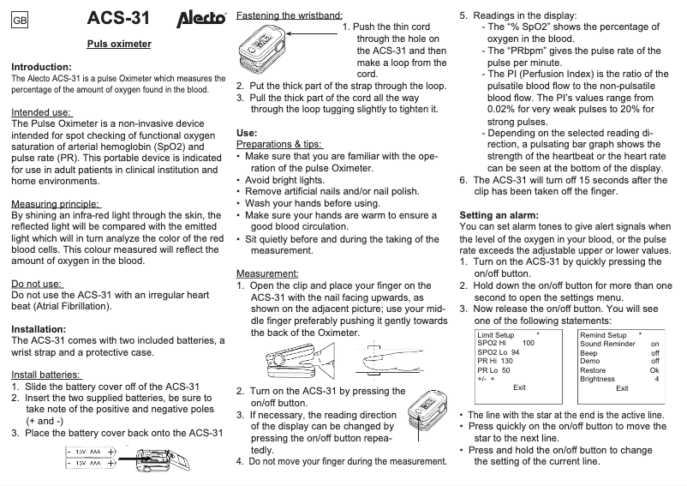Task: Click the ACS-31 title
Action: coord(120,18)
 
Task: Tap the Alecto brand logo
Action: coord(200,18)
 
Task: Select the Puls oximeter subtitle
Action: coord(119,43)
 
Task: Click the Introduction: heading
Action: coord(41,67)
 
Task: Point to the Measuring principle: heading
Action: coord(56,204)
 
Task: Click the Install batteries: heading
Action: coord(46,375)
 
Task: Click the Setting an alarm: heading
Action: coord(500,213)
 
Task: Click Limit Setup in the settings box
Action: coord(495,334)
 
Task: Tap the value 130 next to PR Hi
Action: coord(507,360)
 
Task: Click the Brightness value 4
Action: coord(656,378)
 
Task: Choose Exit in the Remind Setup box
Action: coord(622,388)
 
